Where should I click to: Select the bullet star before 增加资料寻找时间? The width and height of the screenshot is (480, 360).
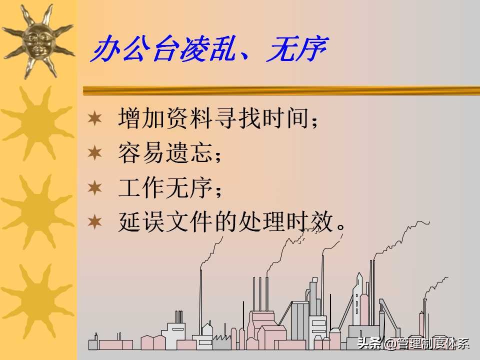coord(94,119)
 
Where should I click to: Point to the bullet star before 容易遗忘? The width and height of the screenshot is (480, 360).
coord(94,153)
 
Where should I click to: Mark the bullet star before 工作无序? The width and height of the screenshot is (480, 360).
coord(94,187)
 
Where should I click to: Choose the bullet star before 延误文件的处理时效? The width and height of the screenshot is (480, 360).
coord(94,221)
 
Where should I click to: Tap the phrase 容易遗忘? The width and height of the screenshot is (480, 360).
coord(165,153)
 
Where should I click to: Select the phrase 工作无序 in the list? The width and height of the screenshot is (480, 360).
coord(165,187)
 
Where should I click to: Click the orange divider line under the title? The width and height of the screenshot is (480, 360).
coord(280,90)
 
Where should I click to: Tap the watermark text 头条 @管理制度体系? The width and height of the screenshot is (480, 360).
coord(413,343)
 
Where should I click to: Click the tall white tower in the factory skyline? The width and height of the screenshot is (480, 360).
coord(358,300)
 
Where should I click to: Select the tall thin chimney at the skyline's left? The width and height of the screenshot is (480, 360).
coord(201,300)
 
